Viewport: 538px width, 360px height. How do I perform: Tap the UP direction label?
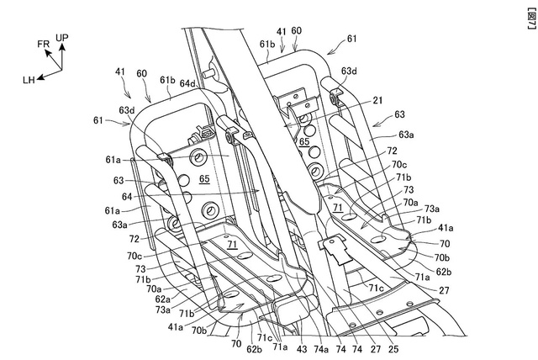(x=62, y=37)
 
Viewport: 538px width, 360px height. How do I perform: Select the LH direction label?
(x=29, y=79)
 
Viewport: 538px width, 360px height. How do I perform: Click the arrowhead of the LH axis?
(x=40, y=77)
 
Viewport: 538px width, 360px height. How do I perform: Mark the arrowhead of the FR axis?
(x=48, y=51)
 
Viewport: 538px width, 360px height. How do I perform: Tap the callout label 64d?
(x=188, y=83)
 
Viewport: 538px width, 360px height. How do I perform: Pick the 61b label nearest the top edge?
(x=267, y=43)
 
